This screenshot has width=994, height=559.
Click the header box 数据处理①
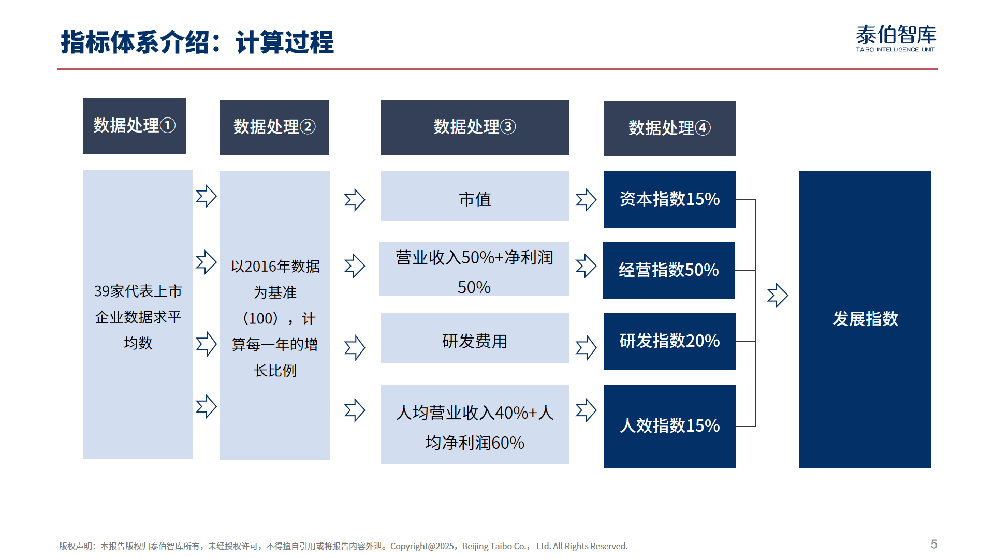coord(135,126)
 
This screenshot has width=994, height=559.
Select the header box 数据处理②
coord(274,127)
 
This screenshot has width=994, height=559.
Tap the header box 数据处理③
coord(475,127)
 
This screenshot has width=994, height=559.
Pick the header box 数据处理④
coord(669,128)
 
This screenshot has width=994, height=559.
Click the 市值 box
coord(475,196)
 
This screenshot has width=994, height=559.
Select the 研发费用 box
coord(475,338)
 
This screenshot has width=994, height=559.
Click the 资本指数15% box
coord(669,200)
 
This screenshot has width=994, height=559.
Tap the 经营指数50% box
coord(668,271)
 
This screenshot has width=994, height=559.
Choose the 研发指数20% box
coord(669,342)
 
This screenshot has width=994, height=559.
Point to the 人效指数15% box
coord(669,426)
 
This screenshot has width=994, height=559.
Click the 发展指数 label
coord(865,319)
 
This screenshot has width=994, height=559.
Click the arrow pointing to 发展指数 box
coord(778,296)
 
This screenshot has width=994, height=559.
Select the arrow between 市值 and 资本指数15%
coord(586,200)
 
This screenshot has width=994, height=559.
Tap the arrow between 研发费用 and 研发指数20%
coord(586,348)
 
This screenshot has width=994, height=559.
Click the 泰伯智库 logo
coord(896,38)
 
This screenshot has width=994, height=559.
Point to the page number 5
coord(934,544)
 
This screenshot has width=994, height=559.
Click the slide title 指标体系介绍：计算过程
coord(197,42)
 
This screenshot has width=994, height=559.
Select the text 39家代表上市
coord(138,291)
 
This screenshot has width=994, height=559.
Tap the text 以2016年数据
coord(275,266)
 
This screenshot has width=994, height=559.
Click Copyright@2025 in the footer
coord(422,546)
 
